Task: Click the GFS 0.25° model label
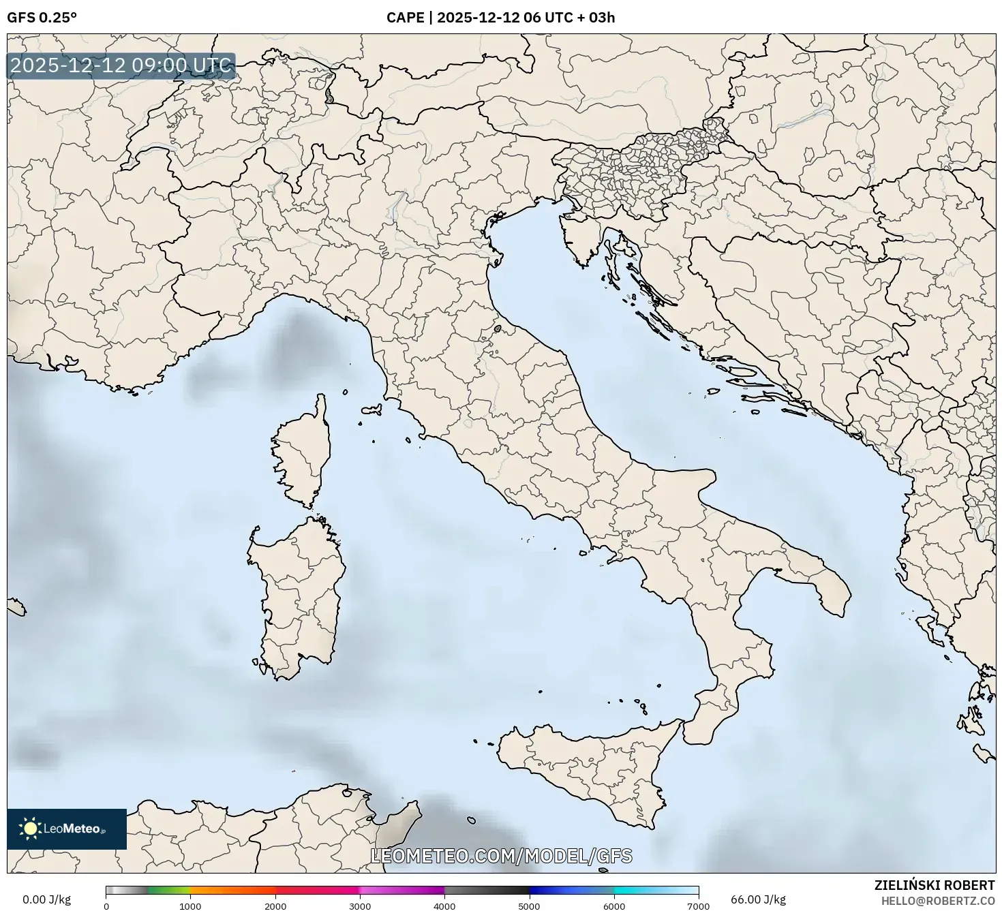42,18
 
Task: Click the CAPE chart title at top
500,18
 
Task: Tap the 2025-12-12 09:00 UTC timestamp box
121,66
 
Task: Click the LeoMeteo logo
67,829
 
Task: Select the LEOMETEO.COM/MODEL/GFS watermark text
501,856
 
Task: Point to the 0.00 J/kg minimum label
46,899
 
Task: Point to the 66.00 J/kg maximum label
757,899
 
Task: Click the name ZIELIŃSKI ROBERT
934,885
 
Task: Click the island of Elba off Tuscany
372,410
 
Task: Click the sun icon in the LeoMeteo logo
30,829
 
